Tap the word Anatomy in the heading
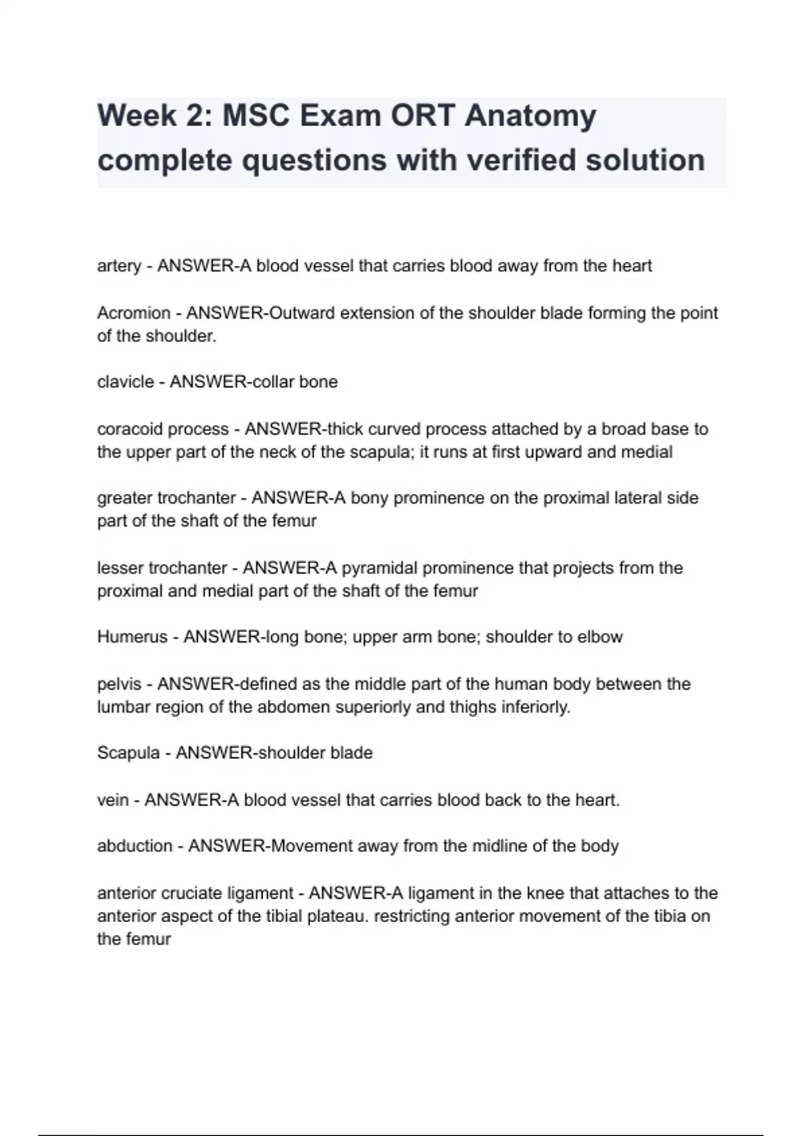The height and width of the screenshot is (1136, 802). coord(530,116)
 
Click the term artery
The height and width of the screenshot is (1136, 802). coord(119,266)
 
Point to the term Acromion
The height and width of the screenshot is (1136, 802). coord(134,313)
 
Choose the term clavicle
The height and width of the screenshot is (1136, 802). coord(126,382)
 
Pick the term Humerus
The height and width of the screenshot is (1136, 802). coord(132,637)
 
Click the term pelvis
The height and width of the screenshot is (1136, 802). coord(119,684)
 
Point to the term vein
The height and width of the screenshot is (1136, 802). coord(113,800)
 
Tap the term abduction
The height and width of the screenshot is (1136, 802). coord(134,846)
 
